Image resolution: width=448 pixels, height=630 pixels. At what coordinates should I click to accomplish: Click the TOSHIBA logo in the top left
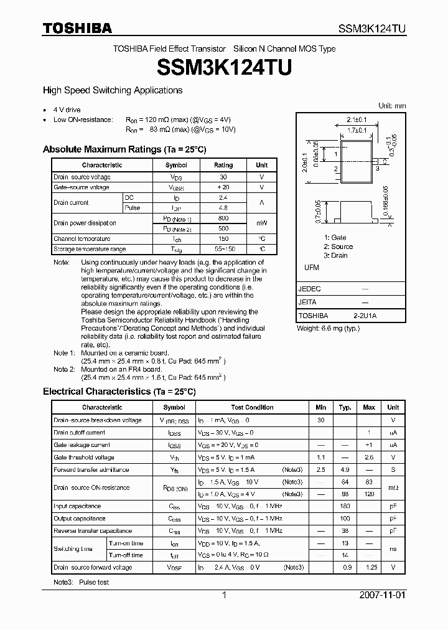(77, 28)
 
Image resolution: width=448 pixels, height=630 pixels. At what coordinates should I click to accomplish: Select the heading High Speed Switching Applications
(112, 90)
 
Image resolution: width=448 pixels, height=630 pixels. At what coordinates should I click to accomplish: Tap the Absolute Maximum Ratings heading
(124, 149)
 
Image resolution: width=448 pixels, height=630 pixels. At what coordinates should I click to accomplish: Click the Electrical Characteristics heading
(119, 392)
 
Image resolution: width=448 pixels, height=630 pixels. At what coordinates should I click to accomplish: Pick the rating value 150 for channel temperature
(223, 238)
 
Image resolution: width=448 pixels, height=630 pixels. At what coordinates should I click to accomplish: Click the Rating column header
(223, 166)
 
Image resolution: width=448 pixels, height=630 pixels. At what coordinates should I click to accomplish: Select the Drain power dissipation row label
(85, 223)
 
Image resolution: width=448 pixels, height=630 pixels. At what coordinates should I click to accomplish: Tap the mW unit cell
(261, 223)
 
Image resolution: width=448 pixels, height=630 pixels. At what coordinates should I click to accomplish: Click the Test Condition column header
(252, 408)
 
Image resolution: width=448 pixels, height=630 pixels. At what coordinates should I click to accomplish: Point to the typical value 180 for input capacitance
(345, 507)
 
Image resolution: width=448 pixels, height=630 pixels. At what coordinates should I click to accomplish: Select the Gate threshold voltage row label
(83, 458)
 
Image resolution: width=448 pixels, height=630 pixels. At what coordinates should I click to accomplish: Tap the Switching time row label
(73, 549)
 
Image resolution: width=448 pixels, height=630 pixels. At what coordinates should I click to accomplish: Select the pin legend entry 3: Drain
(335, 256)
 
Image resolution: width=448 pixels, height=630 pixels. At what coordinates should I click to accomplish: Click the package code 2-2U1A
(365, 316)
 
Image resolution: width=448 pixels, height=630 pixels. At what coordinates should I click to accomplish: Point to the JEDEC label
(310, 289)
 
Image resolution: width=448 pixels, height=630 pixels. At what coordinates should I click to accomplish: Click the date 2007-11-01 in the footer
(382, 595)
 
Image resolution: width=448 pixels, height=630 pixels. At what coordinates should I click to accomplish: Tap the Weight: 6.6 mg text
(328, 328)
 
